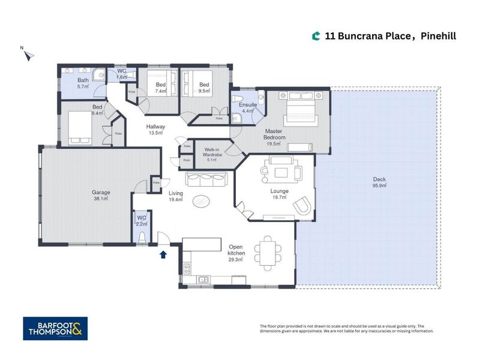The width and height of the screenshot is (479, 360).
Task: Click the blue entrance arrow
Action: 162,254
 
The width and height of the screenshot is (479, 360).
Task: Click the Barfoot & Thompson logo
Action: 55,328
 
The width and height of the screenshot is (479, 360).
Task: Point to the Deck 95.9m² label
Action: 378,182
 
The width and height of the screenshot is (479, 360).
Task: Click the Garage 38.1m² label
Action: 100,196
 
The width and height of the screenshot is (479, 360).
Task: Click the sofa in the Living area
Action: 206,179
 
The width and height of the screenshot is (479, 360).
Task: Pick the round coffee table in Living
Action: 202,201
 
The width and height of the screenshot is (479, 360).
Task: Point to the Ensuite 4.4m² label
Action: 249,107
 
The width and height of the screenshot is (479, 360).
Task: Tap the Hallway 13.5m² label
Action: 155,130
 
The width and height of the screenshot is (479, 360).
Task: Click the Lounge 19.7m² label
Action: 280,194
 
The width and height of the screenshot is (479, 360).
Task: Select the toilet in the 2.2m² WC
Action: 142,238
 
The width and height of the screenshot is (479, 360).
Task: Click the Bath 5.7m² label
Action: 83,83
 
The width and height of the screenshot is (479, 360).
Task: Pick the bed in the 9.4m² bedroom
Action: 80,128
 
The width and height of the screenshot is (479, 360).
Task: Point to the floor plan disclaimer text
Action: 346,328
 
